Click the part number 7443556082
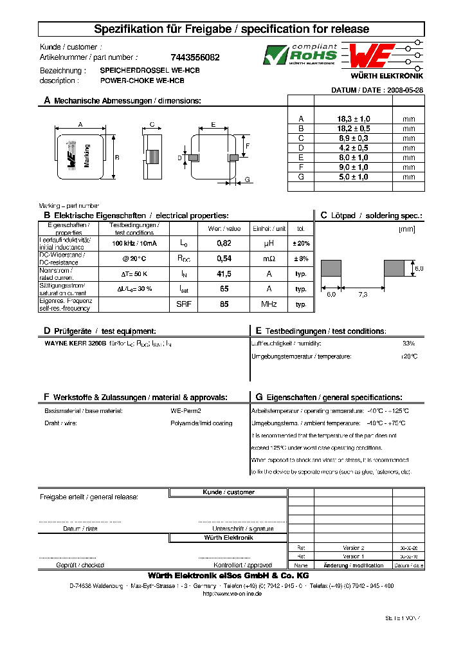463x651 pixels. coord(195,57)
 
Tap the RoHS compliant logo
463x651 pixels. coord(300,55)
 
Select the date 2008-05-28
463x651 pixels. coord(404,91)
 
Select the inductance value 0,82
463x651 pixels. coord(224,243)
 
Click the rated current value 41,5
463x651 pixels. coord(224,273)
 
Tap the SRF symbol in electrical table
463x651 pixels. coord(183,304)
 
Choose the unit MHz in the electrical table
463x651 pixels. coord(268,304)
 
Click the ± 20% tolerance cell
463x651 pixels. coord(301,243)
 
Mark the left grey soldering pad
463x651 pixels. coord(331,268)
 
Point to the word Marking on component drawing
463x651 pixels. coord(87,155)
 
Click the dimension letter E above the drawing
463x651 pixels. coord(213,124)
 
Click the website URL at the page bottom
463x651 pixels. coord(232,594)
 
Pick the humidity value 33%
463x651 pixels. coord(408,344)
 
